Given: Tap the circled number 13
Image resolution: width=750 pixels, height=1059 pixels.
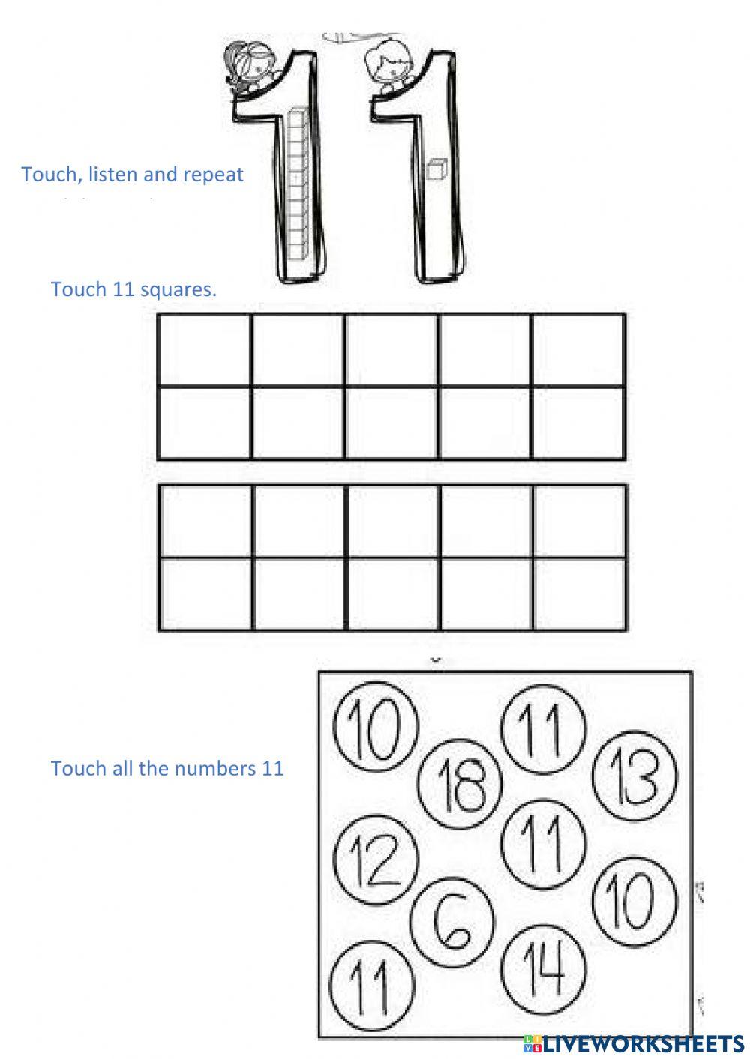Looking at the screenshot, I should pyautogui.click(x=634, y=775).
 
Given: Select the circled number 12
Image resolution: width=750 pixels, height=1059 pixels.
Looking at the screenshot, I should pyautogui.click(x=375, y=859).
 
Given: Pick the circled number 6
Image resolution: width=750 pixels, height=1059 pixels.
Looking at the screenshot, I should pyautogui.click(x=452, y=920).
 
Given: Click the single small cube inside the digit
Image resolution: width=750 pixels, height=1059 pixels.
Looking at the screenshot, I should pyautogui.click(x=435, y=170).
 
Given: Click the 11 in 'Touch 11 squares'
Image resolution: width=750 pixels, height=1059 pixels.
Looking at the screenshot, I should pyautogui.click(x=121, y=289).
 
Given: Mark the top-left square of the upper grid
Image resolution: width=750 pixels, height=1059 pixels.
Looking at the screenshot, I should pyautogui.click(x=205, y=350).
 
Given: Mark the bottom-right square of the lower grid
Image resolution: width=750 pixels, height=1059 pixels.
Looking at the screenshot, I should pyautogui.click(x=580, y=594).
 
